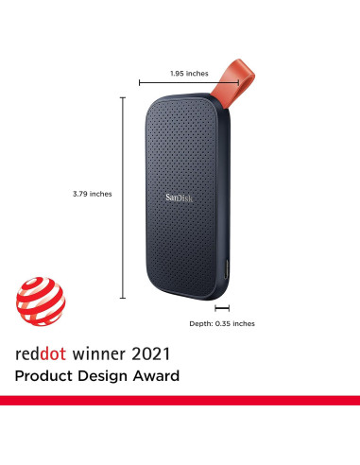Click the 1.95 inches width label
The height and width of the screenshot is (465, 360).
point(189,73)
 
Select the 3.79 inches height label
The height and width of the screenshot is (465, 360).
point(92,194)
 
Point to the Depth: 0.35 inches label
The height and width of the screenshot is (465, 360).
point(222,323)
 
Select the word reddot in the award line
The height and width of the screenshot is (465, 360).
point(41,356)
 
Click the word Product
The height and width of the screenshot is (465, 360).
point(45,377)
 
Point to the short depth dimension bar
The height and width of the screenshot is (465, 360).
point(222,308)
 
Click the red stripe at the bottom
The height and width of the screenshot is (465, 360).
point(180,401)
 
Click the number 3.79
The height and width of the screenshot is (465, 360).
point(80,194)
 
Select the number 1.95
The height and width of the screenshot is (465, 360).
point(178,73)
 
